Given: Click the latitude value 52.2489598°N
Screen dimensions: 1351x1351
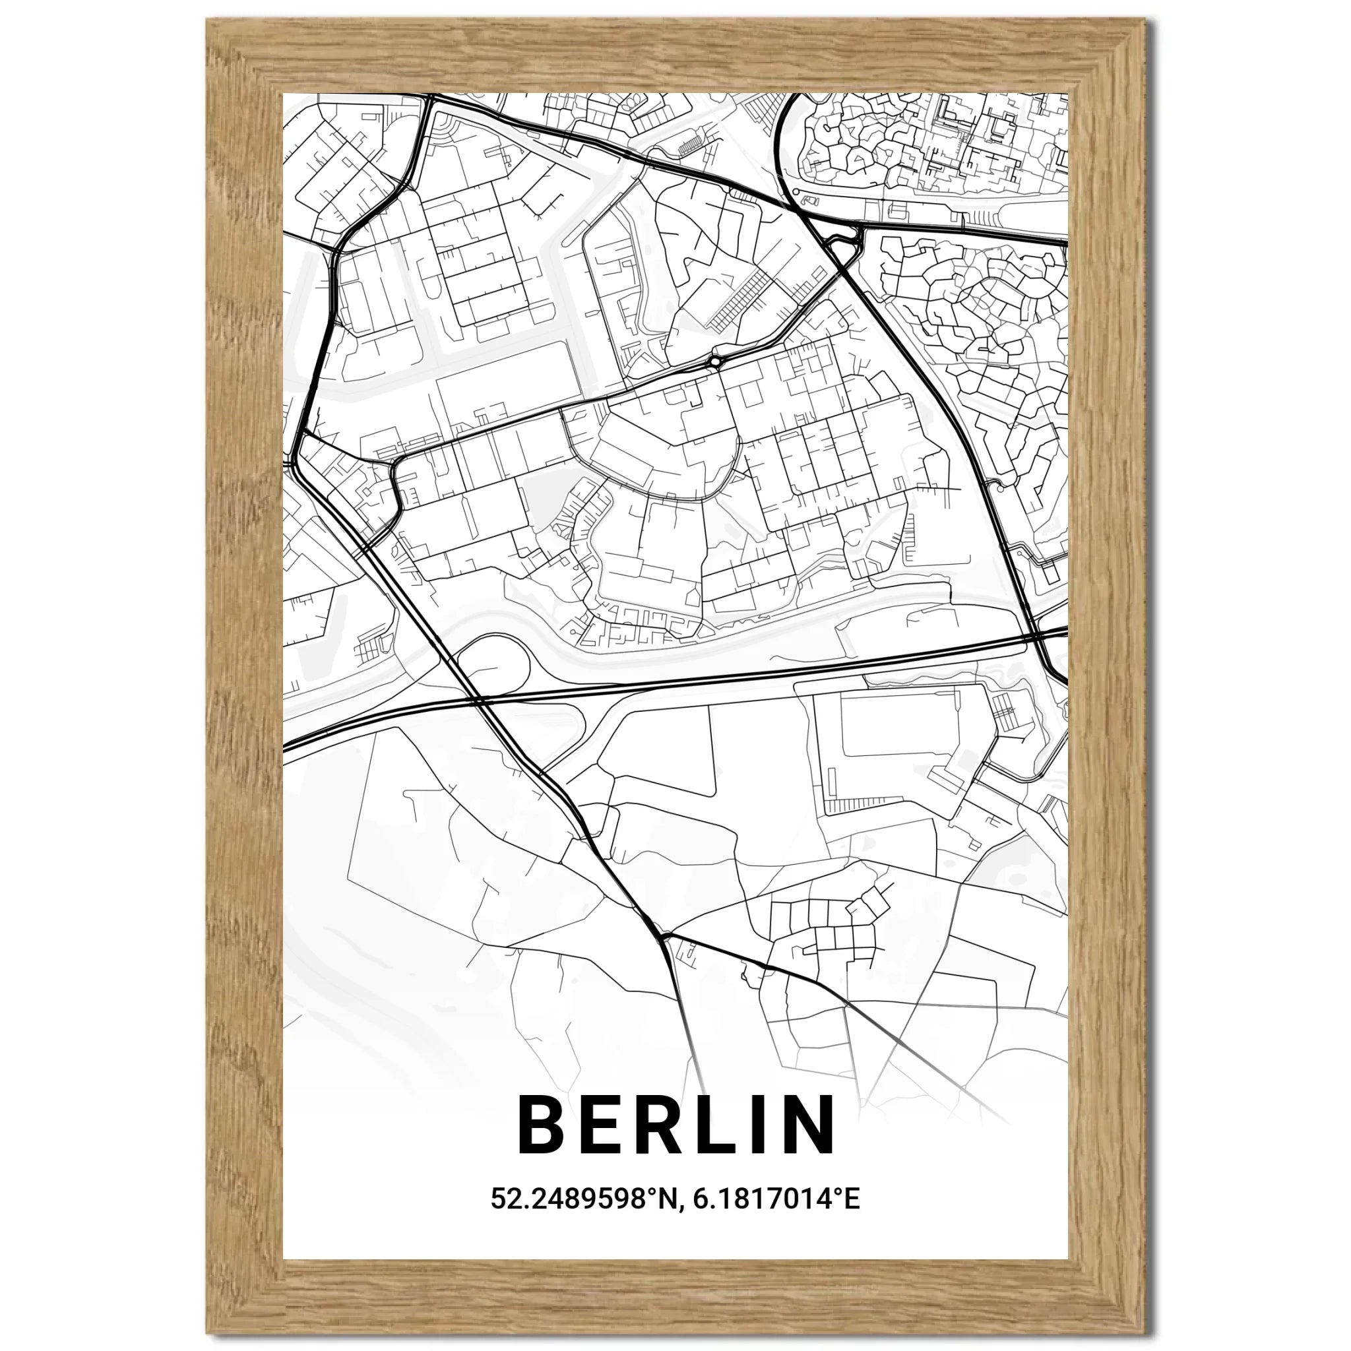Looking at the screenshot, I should point(583,1218).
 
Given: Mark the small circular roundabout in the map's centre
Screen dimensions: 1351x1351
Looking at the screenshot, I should point(715,361).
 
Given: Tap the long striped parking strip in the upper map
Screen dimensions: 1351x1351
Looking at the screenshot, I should point(738,301).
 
